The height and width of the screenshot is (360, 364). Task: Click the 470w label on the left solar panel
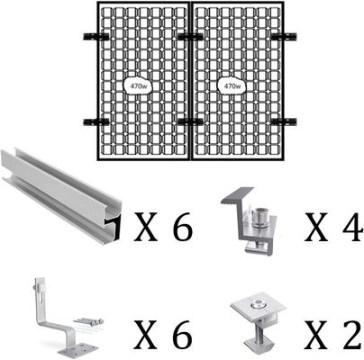click(138, 86)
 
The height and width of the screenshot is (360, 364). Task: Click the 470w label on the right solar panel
click(232, 86)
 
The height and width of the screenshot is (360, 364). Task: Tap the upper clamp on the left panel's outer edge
click(96, 37)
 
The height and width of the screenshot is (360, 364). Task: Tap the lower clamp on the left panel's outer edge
click(96, 122)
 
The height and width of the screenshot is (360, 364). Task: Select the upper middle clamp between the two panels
click(190, 37)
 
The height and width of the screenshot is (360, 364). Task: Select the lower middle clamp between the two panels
click(190, 122)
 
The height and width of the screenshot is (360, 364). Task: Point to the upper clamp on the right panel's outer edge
click(284, 37)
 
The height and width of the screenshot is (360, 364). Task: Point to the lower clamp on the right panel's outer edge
click(284, 122)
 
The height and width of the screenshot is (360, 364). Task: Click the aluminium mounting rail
click(60, 195)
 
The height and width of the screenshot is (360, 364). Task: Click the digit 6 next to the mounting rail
click(182, 226)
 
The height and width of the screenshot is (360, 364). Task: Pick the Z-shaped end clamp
click(250, 220)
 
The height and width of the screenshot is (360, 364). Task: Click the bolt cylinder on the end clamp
click(259, 218)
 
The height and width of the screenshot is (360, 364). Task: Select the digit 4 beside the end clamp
click(352, 227)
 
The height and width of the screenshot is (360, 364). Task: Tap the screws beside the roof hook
click(89, 323)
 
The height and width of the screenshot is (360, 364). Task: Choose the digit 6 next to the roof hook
click(182, 335)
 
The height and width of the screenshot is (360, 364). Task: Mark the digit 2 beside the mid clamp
click(351, 335)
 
